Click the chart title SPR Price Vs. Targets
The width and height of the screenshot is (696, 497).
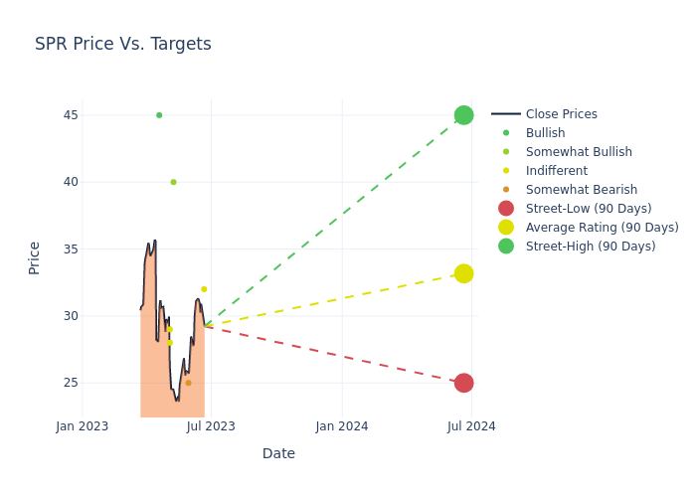point(123,44)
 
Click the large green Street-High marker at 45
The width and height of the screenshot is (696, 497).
point(463,115)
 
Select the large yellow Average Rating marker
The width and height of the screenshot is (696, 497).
point(463,273)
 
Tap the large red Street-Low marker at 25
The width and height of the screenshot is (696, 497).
point(463,383)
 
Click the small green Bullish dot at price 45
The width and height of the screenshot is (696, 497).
point(159,115)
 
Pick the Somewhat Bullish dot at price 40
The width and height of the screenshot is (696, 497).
point(173,182)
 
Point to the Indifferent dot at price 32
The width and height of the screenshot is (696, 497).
point(204,289)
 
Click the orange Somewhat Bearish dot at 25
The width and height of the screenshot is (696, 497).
point(188,383)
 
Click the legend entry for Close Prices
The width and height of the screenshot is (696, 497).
point(561,114)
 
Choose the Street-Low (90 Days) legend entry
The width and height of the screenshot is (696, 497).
point(588,209)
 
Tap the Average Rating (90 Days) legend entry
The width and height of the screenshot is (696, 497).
point(602,228)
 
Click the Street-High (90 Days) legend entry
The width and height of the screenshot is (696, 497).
point(590,247)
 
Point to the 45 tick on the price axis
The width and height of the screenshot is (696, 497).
point(71,115)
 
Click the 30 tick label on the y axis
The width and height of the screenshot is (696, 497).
point(71,316)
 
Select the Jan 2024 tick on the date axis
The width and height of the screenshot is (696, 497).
point(342,426)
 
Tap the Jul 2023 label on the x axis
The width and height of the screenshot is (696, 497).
point(211,426)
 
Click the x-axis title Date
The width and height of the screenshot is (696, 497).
point(278,453)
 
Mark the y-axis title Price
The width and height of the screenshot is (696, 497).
point(35,257)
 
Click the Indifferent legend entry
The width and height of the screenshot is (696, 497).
point(556,171)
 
